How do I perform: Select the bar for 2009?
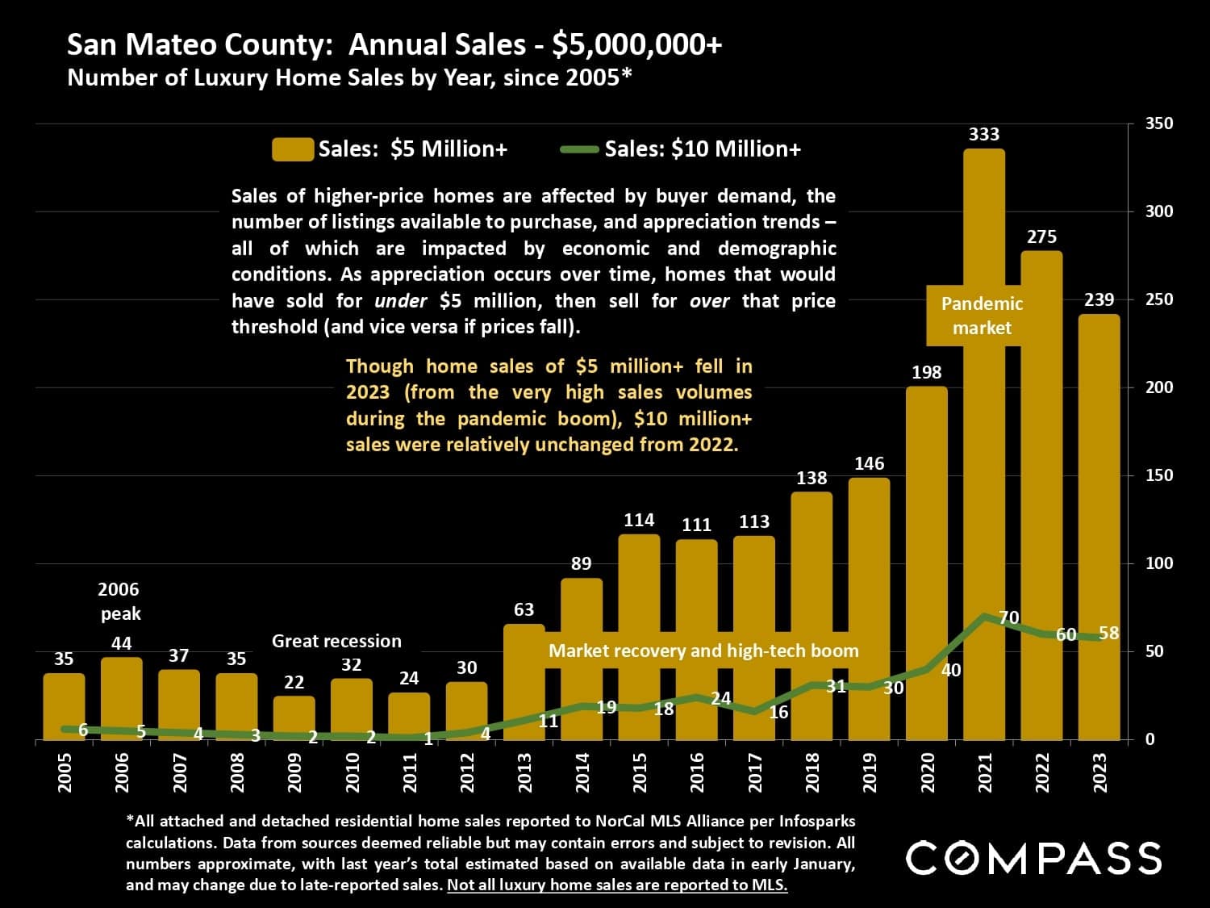(x=294, y=718)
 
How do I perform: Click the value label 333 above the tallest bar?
(x=983, y=134)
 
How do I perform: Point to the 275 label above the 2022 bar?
(x=1041, y=236)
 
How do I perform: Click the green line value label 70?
(x=1009, y=617)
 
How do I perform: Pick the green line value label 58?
(x=1109, y=633)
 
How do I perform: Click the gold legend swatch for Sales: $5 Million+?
(x=292, y=149)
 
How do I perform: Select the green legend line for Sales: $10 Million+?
(x=578, y=149)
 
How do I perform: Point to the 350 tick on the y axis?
(x=1159, y=123)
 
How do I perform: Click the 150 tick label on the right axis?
(x=1159, y=475)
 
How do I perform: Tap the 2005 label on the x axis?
(x=65, y=772)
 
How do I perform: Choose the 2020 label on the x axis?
(x=927, y=772)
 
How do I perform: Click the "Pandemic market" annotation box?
(x=982, y=316)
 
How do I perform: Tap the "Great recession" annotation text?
(x=336, y=641)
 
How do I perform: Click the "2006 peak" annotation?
(x=119, y=601)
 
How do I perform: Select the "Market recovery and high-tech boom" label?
(x=703, y=651)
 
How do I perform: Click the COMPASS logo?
(x=1034, y=858)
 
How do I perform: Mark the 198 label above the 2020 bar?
(x=926, y=372)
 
